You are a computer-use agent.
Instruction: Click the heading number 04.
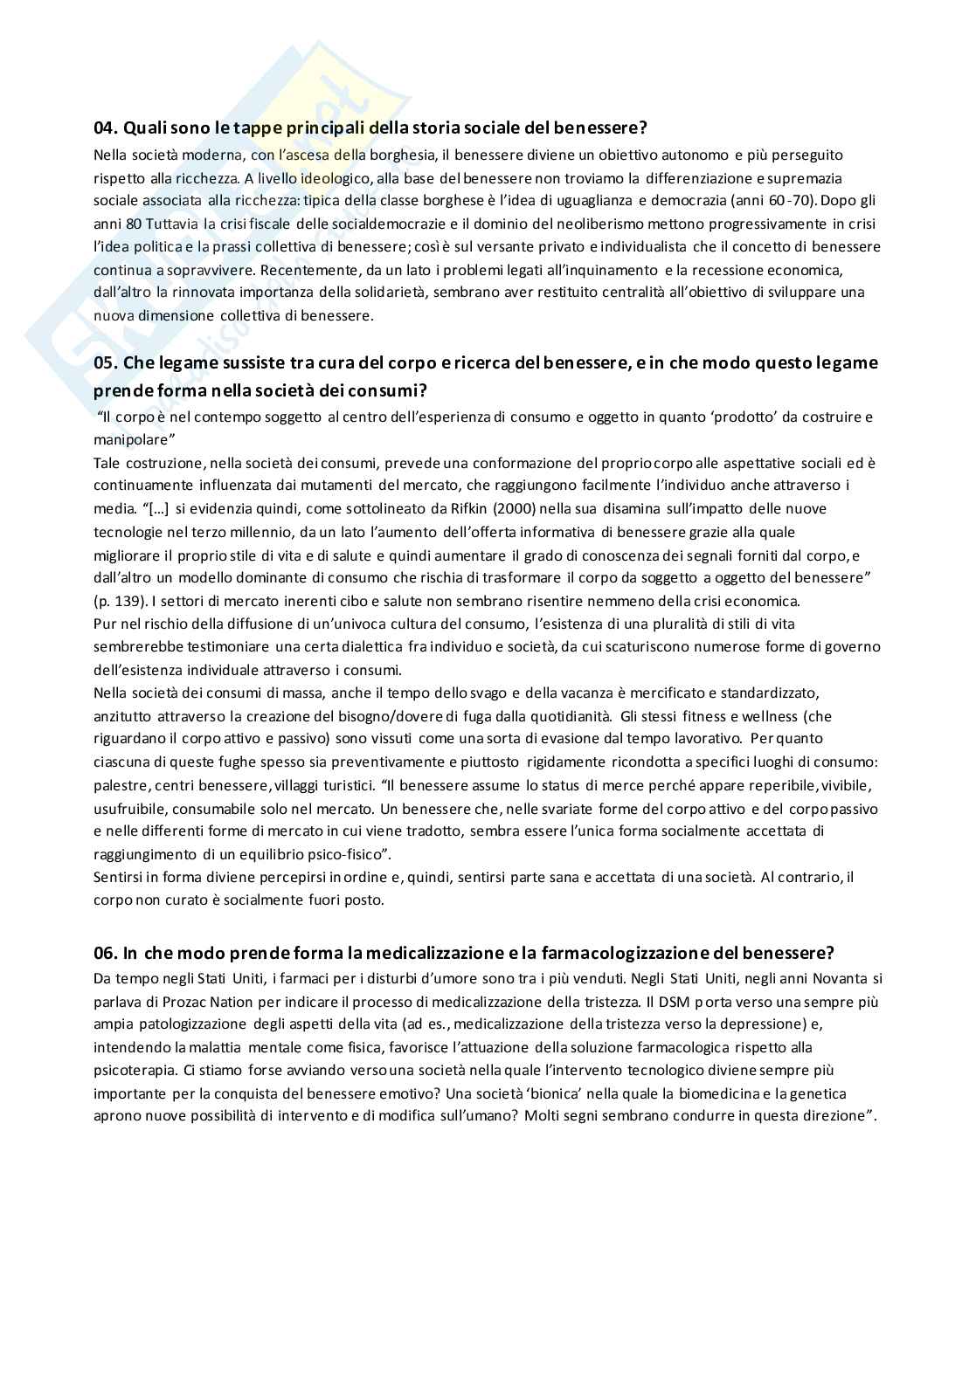(105, 128)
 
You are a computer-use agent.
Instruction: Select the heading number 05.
(105, 362)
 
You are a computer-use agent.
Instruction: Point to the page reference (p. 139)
(121, 601)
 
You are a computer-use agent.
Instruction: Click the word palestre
(120, 785)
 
